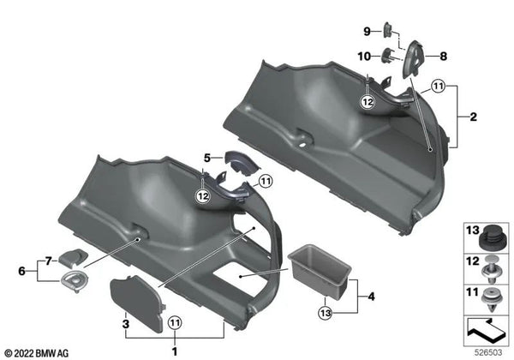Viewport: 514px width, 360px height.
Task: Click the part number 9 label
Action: point(366,32)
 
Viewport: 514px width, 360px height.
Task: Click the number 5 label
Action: point(206,158)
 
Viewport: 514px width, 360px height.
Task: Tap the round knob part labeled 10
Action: point(387,57)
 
